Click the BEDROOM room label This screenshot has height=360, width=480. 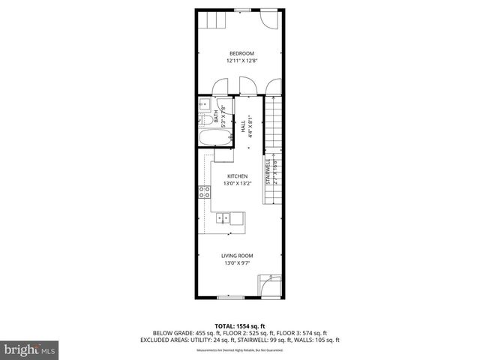click(x=241, y=53)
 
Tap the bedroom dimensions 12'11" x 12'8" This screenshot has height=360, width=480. click(x=241, y=61)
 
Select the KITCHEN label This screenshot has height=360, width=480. click(x=238, y=176)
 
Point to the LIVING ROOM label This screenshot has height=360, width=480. click(x=236, y=256)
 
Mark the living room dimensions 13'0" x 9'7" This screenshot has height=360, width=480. click(x=236, y=263)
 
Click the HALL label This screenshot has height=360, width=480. click(x=244, y=128)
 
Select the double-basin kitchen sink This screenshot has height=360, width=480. click(x=225, y=218)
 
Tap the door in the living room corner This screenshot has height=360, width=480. click(x=269, y=285)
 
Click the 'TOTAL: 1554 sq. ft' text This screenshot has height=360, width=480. click(x=240, y=324)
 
